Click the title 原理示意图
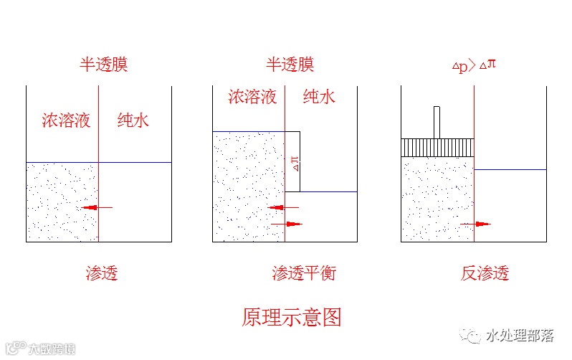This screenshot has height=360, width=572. (291, 316)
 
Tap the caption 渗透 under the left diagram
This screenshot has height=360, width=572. (102, 273)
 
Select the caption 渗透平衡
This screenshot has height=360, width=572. (304, 273)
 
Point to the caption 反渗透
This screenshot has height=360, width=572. (485, 273)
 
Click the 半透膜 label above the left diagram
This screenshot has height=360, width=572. (103, 65)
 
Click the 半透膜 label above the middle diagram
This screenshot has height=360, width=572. (290, 65)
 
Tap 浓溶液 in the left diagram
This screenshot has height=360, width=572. (66, 120)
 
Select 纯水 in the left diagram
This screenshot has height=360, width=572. (133, 120)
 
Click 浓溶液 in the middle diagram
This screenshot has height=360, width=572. (252, 97)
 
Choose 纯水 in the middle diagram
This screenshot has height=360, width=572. (319, 97)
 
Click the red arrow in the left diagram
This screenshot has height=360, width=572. (96, 207)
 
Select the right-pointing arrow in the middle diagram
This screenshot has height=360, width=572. (288, 224)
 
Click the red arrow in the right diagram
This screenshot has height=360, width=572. (477, 224)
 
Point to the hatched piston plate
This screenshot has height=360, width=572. (437, 147)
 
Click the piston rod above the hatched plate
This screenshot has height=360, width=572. (437, 122)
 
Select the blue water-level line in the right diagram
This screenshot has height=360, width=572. (510, 170)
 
